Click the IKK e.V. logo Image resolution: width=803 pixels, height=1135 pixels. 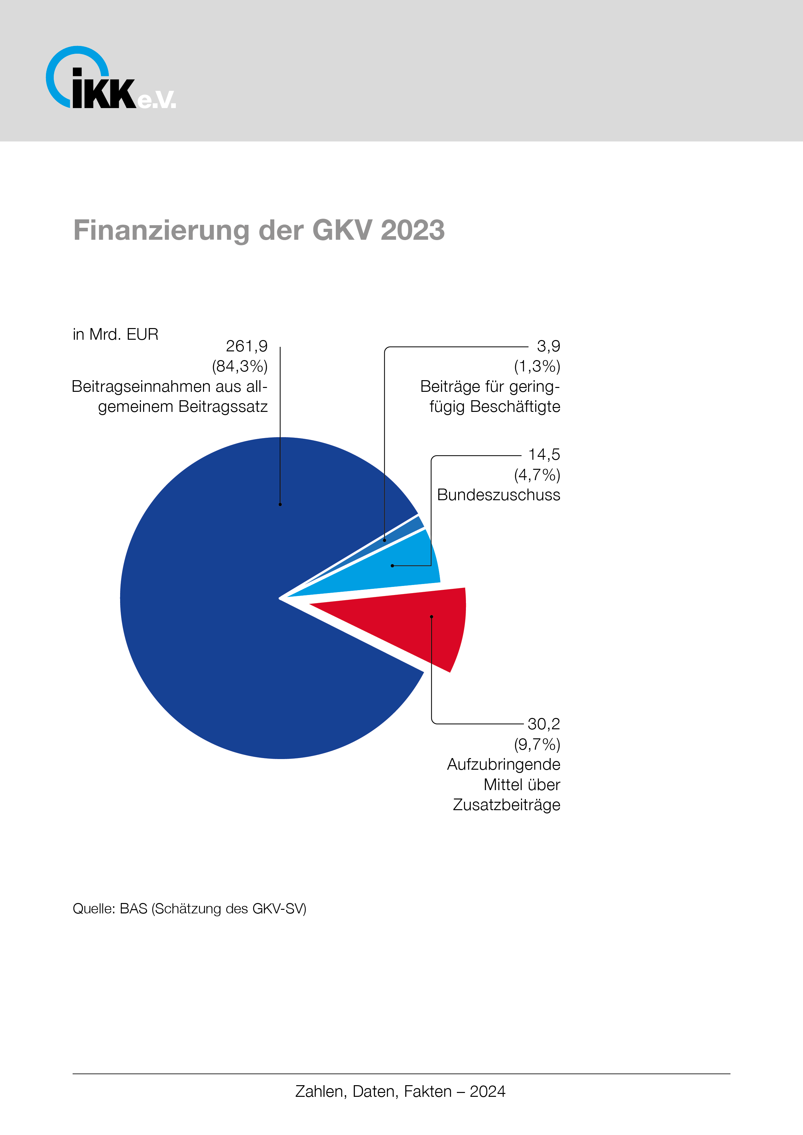click(x=110, y=79)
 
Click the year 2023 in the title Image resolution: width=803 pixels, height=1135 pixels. click(x=413, y=230)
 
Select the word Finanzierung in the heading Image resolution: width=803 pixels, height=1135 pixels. click(x=161, y=230)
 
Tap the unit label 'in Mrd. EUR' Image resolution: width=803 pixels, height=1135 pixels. click(x=115, y=335)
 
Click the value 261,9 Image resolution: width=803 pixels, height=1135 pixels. click(x=246, y=346)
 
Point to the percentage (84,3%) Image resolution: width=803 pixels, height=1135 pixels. click(x=240, y=366)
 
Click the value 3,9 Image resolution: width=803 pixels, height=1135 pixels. click(x=548, y=346)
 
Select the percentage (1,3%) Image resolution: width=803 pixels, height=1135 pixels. click(x=537, y=366)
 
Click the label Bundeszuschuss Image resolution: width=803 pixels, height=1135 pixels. click(x=498, y=495)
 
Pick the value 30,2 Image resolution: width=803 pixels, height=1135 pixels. click(x=543, y=724)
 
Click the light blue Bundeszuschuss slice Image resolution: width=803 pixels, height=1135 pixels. click(x=396, y=568)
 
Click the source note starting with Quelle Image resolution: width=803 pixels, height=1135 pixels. click(x=189, y=909)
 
